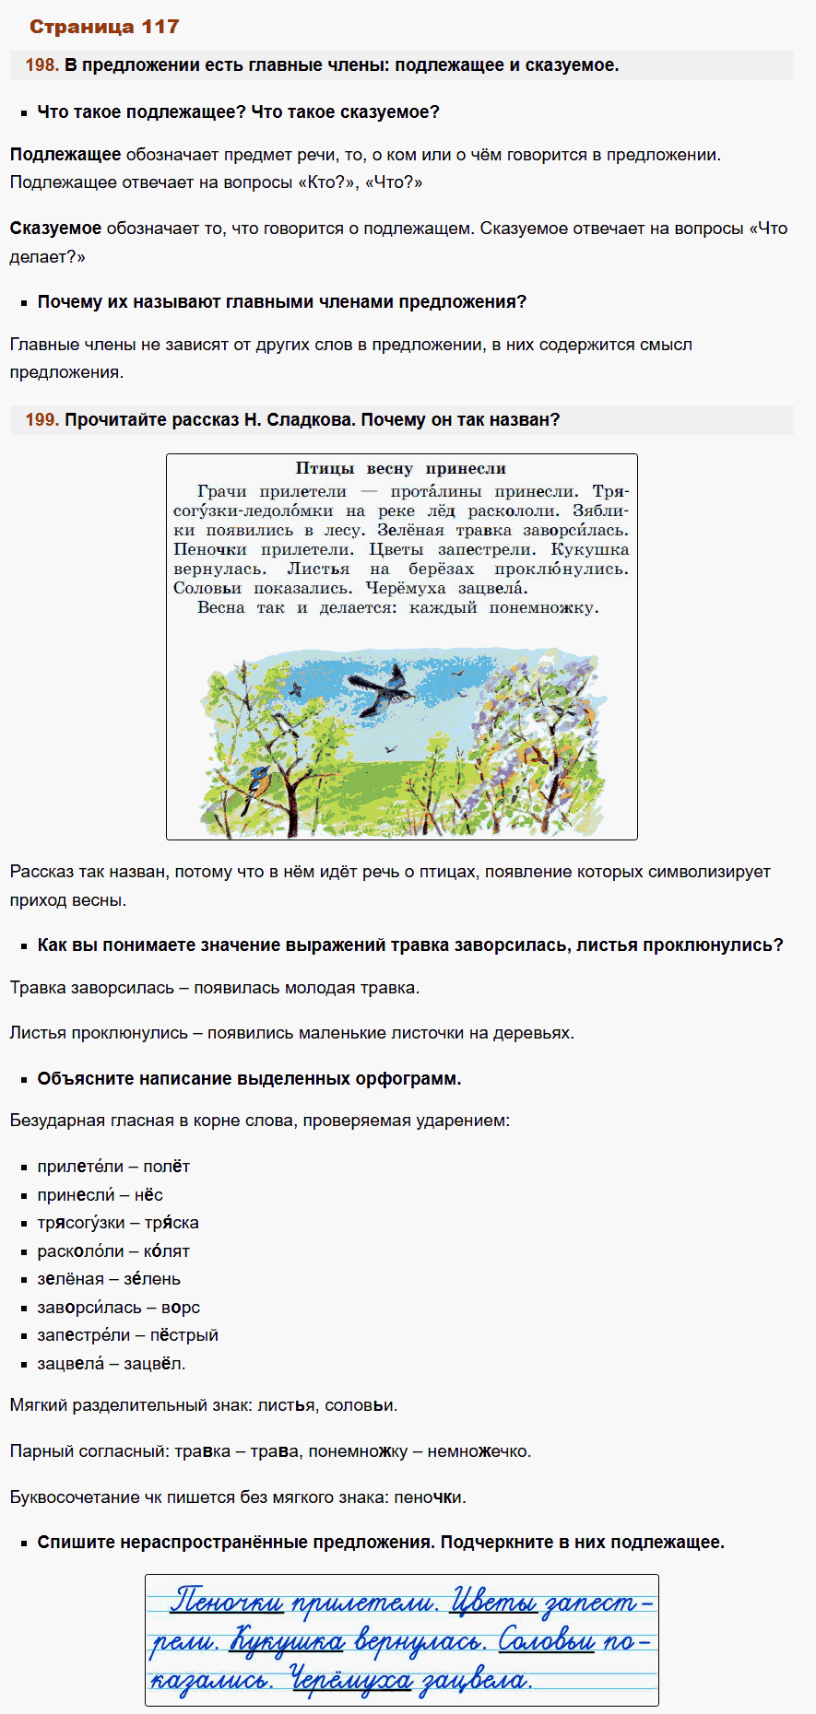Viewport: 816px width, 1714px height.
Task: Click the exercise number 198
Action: (x=41, y=65)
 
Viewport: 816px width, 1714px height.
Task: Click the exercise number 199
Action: (x=41, y=420)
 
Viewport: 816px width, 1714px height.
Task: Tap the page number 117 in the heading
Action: (x=160, y=27)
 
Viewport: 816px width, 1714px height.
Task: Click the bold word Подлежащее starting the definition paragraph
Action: (x=65, y=155)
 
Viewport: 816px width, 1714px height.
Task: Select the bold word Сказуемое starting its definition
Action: (x=55, y=229)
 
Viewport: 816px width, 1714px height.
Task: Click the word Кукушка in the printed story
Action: (x=589, y=550)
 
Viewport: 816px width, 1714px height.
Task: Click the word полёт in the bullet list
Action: (x=166, y=1167)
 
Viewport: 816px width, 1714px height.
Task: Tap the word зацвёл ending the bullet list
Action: (x=157, y=1364)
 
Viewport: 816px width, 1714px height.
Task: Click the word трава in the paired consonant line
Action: (x=275, y=1451)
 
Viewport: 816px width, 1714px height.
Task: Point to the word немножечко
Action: (x=479, y=1451)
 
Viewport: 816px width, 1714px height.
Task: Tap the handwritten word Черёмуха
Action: (x=350, y=1681)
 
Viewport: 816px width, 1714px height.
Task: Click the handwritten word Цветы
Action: (x=493, y=1602)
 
